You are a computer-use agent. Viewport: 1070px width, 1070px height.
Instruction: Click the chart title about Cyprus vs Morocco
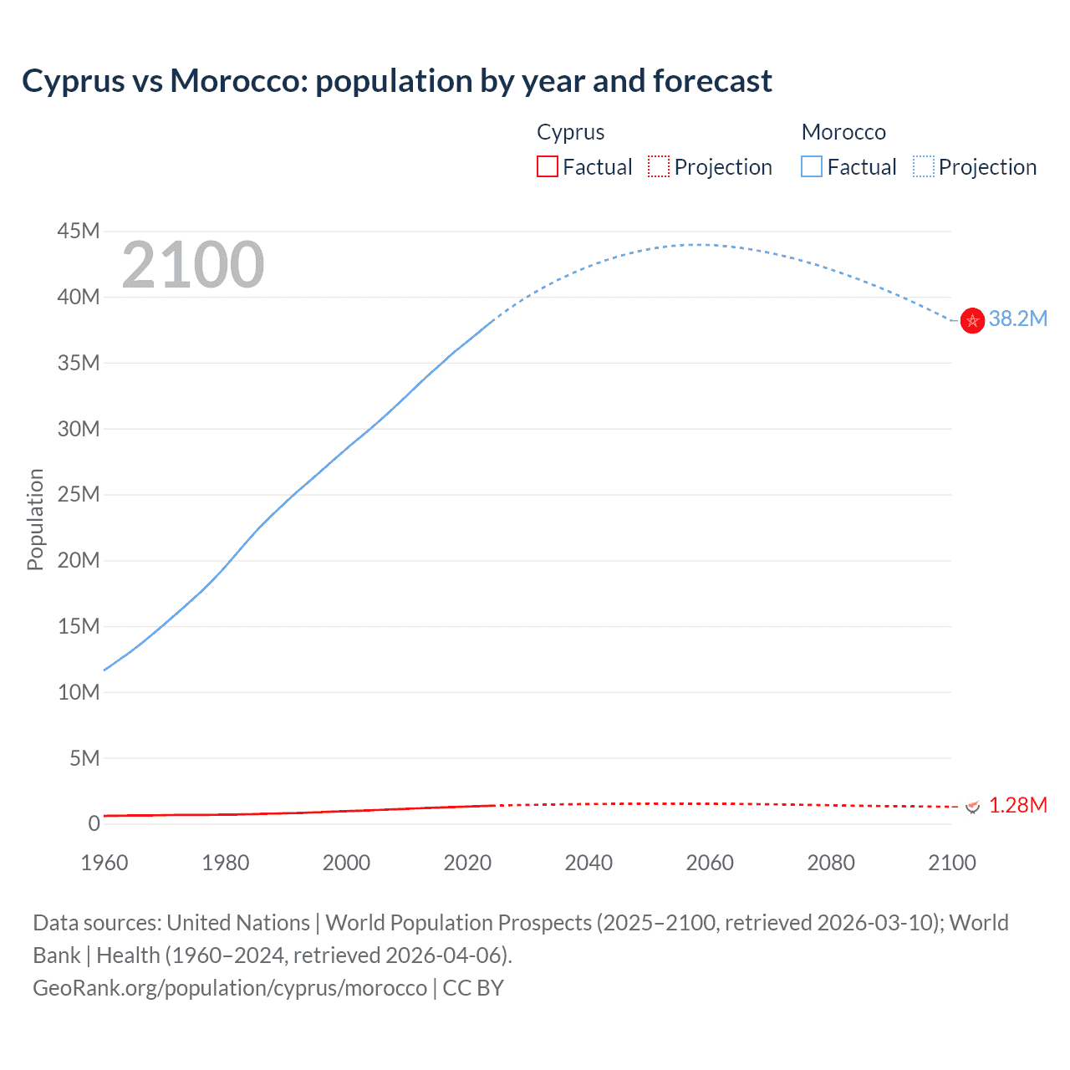coord(397,81)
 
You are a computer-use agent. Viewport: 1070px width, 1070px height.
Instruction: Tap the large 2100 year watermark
coord(192,265)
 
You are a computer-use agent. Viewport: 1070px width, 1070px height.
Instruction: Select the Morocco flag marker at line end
coord(972,320)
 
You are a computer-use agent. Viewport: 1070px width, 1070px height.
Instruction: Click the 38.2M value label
coord(1017,318)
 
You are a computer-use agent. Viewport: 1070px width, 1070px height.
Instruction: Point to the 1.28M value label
coord(1017,805)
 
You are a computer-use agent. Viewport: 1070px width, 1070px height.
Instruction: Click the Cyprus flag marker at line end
coord(972,806)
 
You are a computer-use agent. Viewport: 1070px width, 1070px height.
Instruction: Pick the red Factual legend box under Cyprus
coord(548,167)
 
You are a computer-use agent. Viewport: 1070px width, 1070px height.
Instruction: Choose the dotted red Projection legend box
coord(659,167)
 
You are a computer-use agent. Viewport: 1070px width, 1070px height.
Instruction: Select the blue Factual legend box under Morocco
coord(812,167)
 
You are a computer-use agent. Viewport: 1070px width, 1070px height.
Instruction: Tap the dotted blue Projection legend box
coord(924,167)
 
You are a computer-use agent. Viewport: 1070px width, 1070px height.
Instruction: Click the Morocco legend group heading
coord(843,132)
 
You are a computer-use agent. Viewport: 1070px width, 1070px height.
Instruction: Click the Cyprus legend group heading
coord(570,132)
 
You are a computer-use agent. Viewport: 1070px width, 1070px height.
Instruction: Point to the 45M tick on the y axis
coord(79,231)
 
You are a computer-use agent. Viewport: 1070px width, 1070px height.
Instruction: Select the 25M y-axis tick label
coord(79,494)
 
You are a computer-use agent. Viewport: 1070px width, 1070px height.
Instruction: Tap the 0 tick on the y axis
coord(94,823)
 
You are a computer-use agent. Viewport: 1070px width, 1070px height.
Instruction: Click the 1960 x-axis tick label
coord(104,863)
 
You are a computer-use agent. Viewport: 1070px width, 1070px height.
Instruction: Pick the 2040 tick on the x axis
coord(588,863)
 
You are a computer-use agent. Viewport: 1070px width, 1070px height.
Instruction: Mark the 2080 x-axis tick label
coord(831,863)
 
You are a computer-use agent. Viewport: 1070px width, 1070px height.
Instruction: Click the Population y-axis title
coord(35,519)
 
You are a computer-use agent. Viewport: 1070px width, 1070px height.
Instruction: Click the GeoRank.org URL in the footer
coord(230,988)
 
